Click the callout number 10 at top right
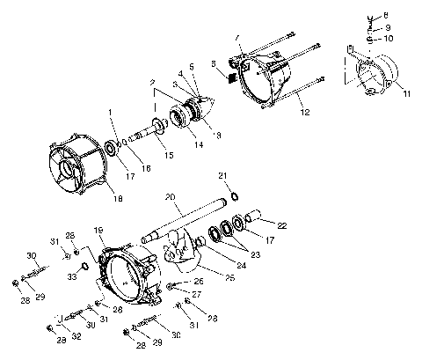[x=389, y=40]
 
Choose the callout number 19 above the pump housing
[x=98, y=230]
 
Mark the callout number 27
[x=197, y=295]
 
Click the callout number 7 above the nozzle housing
[x=236, y=37]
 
